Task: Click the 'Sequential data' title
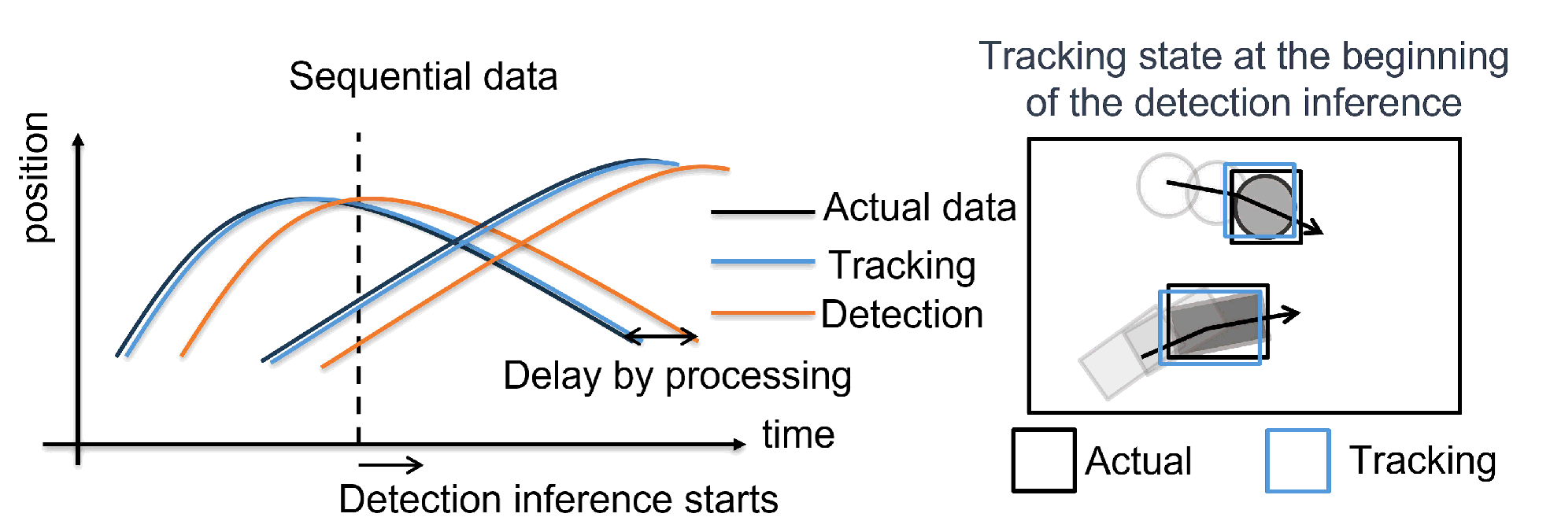coord(423,77)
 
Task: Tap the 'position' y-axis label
coord(35,178)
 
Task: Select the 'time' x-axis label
coord(797,435)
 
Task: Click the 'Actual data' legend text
coord(919,208)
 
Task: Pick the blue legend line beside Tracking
coord(762,261)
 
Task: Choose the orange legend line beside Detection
coord(762,313)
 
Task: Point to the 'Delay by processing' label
coord(677,376)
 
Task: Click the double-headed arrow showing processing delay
coord(661,338)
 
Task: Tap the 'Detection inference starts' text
coord(558,500)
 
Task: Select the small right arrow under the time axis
coord(391,465)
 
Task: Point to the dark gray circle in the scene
coord(1263,206)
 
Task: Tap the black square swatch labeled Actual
coord(1043,460)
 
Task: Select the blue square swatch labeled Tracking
coord(1297,460)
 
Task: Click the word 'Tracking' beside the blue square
coord(1422,460)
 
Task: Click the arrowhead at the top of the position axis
coord(78,140)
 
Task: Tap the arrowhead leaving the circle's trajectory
coord(1314,228)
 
